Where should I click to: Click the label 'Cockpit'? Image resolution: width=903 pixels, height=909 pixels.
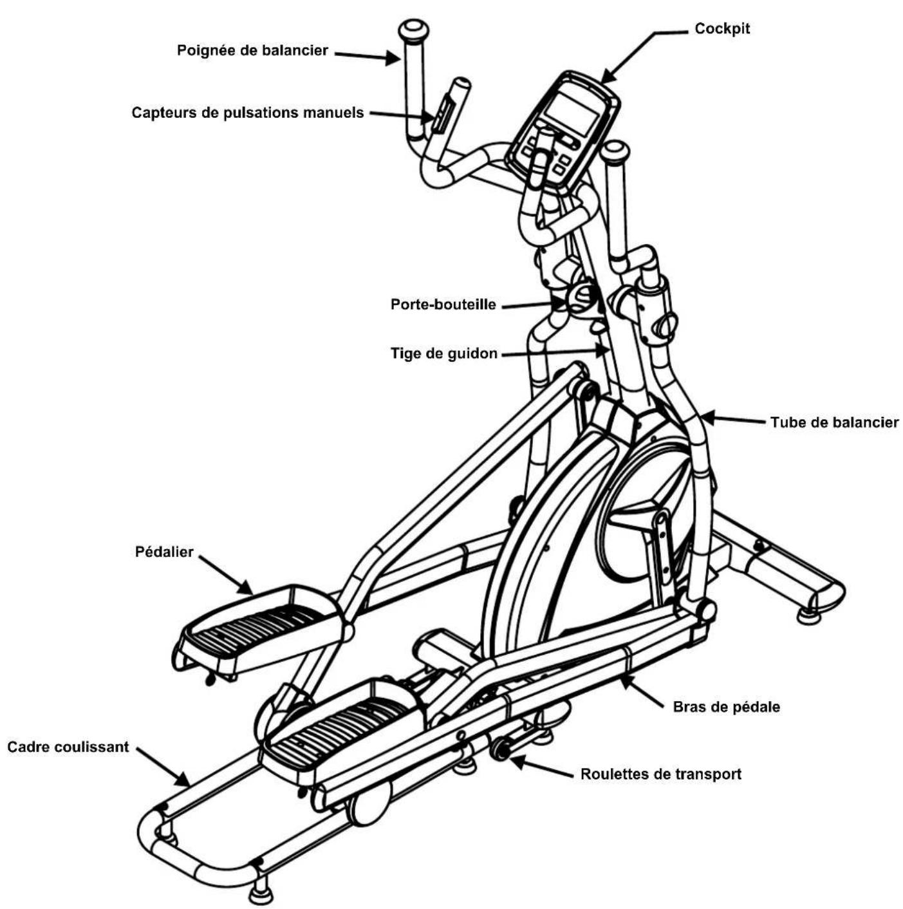[x=721, y=29]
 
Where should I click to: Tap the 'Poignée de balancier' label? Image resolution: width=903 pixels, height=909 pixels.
[x=252, y=50]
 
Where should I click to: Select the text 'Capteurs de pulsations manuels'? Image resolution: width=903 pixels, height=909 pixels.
[x=248, y=113]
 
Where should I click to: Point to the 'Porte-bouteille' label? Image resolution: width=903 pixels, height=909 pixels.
[x=443, y=304]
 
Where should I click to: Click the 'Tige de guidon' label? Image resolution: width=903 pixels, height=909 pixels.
[x=443, y=353]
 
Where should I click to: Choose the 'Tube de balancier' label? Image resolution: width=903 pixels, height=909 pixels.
[x=834, y=422]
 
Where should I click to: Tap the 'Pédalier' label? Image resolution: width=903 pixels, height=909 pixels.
[x=164, y=552]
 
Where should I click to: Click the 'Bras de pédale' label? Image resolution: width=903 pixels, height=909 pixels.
[x=726, y=707]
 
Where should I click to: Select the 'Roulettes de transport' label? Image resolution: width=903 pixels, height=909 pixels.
[x=660, y=774]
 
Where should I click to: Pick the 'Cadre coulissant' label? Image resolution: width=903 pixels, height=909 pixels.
[x=68, y=747]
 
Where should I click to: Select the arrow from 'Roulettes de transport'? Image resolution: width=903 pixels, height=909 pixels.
[x=541, y=766]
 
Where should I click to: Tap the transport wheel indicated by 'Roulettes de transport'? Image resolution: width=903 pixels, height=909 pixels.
[x=499, y=749]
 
